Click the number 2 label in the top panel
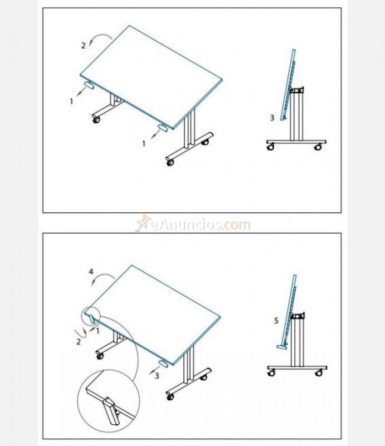(x=84, y=46)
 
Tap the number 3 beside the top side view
(x=272, y=118)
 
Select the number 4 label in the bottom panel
(x=91, y=272)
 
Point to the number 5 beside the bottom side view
(x=276, y=321)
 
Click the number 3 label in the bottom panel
(x=157, y=375)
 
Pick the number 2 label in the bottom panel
(x=79, y=341)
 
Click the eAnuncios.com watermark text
(x=200, y=225)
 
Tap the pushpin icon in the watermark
(x=144, y=223)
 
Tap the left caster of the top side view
(x=271, y=147)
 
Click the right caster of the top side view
(x=318, y=147)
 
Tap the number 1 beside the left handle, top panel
(x=71, y=101)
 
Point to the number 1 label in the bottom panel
(x=98, y=330)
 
